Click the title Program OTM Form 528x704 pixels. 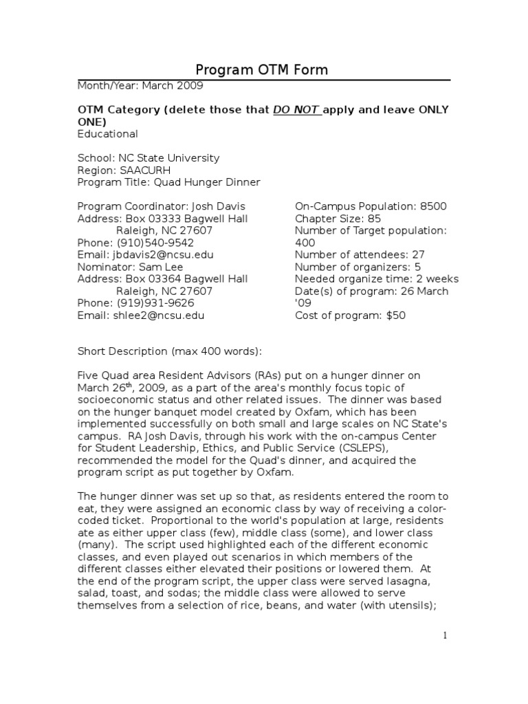[262, 69]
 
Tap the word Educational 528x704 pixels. [107, 134]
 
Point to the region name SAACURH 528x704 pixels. [146, 170]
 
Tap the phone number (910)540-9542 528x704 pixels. [151, 243]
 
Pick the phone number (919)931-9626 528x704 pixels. [151, 303]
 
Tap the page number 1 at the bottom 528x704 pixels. [445, 636]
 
